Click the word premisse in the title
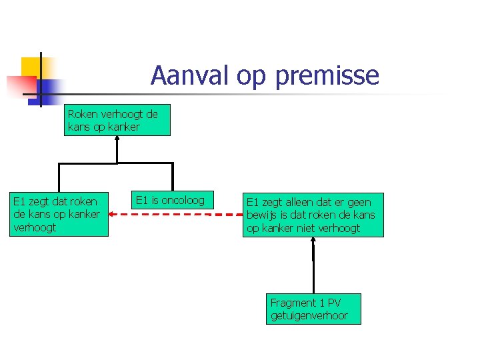[x=327, y=77]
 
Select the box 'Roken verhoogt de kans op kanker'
[x=117, y=120]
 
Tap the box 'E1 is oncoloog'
[x=170, y=200]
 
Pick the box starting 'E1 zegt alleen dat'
[x=313, y=215]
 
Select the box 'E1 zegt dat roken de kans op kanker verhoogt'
[x=59, y=214]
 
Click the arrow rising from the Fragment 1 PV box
[x=313, y=267]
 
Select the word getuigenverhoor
[x=309, y=315]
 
